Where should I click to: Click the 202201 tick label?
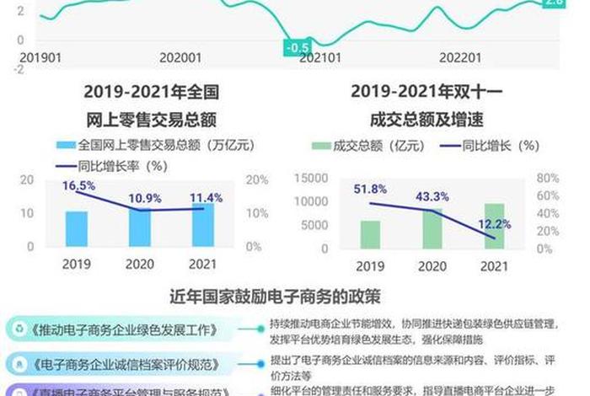[460, 58]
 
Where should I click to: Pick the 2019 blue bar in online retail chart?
[77, 229]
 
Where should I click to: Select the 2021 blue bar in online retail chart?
[203, 225]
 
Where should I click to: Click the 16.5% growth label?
[78, 185]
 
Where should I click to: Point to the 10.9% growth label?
[144, 199]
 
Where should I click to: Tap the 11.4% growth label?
[206, 198]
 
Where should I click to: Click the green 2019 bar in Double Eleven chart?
[370, 234]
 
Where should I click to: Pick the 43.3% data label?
[432, 196]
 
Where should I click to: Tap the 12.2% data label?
[495, 224]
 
